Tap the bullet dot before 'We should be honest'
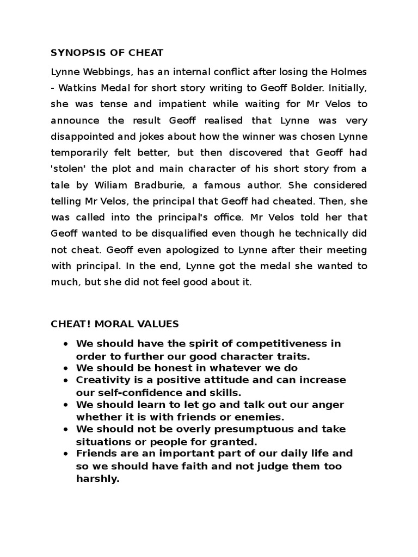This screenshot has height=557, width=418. click(x=65, y=368)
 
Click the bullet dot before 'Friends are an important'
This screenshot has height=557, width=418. click(x=65, y=454)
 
